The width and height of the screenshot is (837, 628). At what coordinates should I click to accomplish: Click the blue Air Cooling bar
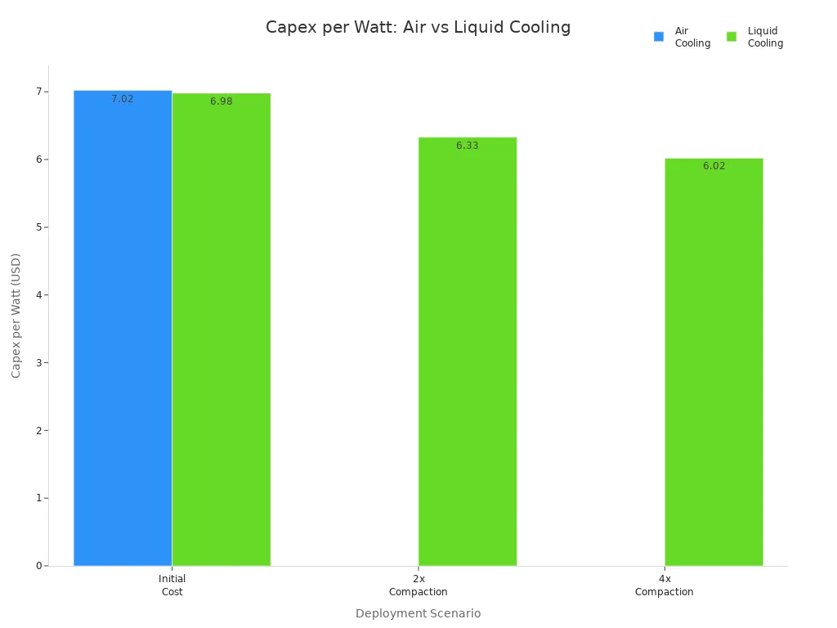(123, 327)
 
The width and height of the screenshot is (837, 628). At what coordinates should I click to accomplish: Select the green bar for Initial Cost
(222, 327)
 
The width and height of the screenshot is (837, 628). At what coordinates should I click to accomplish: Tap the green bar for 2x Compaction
(468, 352)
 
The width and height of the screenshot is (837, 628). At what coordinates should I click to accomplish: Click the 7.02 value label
(123, 99)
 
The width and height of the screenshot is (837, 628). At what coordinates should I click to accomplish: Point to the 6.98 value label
(222, 101)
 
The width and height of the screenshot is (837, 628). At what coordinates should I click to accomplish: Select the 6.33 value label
(468, 146)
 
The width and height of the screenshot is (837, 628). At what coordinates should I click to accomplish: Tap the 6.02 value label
(714, 166)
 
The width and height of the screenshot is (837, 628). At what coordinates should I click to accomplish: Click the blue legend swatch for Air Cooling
(659, 37)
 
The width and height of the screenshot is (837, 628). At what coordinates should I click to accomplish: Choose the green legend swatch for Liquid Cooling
(732, 37)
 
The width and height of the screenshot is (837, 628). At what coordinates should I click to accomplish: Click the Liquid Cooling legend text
(765, 37)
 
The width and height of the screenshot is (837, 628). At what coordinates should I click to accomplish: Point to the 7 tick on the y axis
(38, 92)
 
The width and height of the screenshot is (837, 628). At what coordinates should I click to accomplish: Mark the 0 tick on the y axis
(38, 566)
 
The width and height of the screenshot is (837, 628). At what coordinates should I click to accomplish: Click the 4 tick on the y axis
(38, 295)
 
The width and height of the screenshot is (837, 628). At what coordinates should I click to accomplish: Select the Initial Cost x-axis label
(172, 585)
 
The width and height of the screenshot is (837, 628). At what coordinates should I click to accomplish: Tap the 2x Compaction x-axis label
(418, 585)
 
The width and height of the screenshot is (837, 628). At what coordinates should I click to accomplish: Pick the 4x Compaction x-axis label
(665, 585)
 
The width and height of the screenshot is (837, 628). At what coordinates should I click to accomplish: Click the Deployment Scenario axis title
(418, 613)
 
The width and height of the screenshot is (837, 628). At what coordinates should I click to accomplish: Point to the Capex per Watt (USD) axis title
(16, 316)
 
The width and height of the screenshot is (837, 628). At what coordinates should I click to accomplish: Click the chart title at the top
(418, 27)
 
